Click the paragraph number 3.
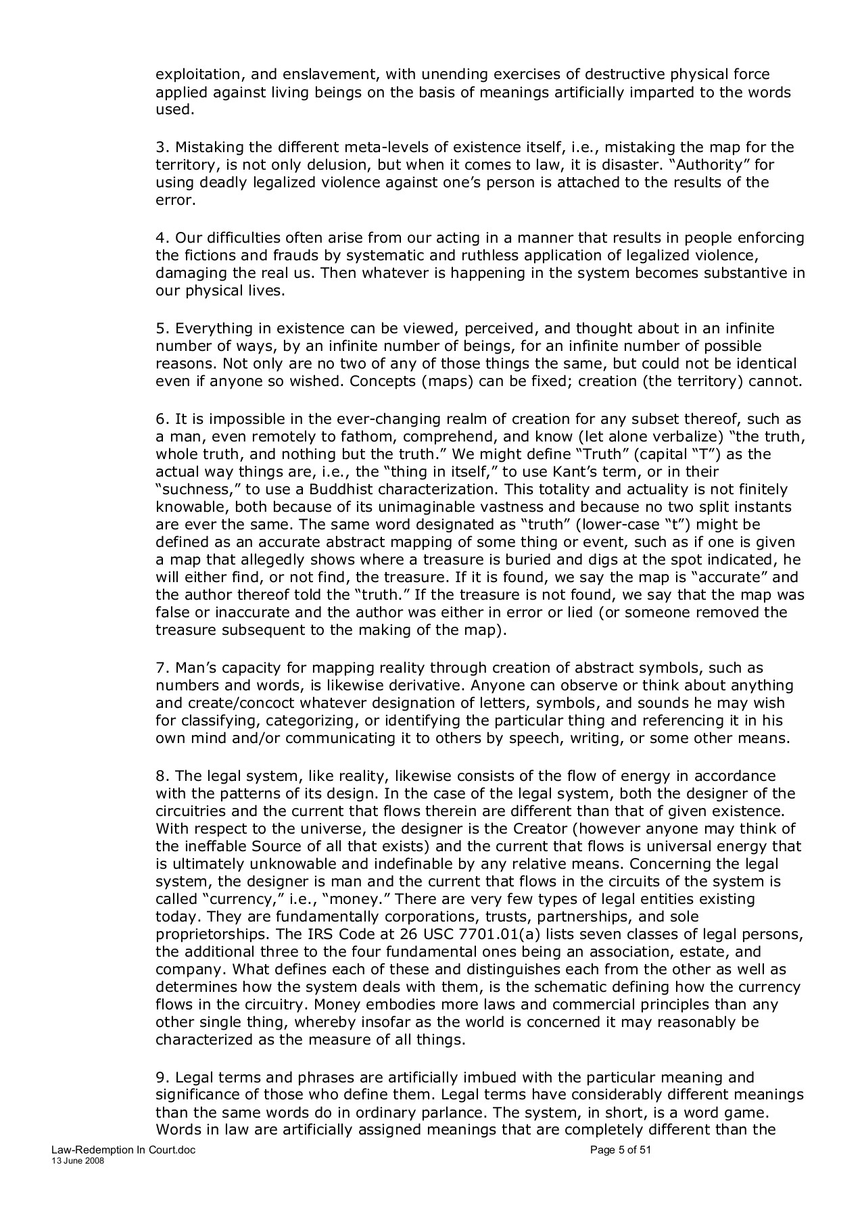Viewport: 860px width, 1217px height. (x=160, y=147)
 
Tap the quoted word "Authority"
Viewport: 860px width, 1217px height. (x=710, y=165)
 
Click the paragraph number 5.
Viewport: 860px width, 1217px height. (x=160, y=329)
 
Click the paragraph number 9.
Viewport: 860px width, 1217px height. (x=160, y=1078)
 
